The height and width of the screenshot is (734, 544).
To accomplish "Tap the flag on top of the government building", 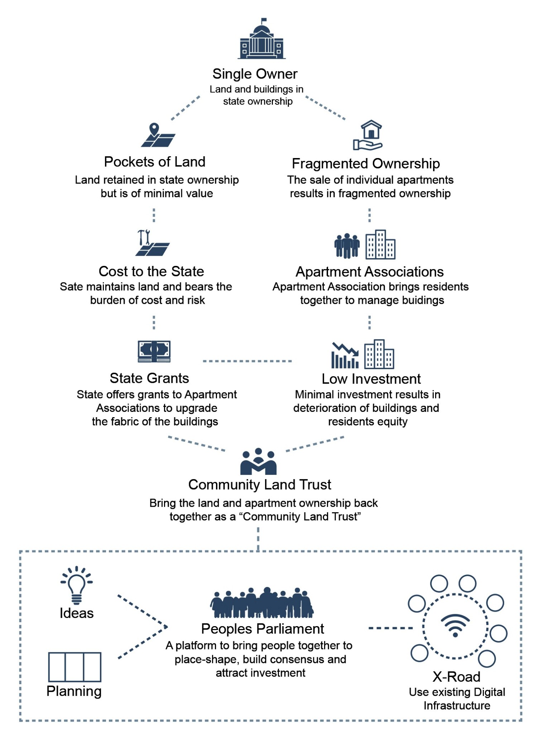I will (264, 20).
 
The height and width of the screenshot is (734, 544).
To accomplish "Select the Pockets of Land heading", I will (155, 162).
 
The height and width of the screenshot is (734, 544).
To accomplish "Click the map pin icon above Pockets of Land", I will (154, 129).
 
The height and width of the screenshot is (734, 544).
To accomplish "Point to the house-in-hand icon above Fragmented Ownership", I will (368, 135).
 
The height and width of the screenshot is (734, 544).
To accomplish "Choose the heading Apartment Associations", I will (370, 272).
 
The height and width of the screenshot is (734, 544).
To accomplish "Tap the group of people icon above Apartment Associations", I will (347, 246).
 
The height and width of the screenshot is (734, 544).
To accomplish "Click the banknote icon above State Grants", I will (154, 351).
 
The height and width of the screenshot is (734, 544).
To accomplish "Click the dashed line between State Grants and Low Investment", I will (247, 361).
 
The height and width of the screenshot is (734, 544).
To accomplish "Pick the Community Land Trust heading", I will (260, 485).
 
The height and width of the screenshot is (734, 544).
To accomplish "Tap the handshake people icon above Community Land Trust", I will (258, 462).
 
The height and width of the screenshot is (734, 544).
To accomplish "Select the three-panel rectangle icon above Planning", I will (74, 667).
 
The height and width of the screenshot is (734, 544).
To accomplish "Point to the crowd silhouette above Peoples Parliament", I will (262, 603).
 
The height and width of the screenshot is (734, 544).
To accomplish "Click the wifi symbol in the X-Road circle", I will (455, 625).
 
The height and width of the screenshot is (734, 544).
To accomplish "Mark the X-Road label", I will (456, 677).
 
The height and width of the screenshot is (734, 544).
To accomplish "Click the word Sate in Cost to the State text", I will (72, 287).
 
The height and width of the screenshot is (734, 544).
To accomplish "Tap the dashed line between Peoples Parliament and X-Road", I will (390, 628).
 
